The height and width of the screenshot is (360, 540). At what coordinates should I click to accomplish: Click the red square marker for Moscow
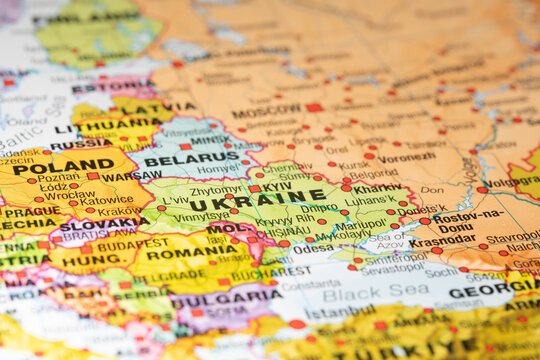click(x=314, y=107)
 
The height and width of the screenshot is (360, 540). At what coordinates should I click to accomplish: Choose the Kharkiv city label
click(x=377, y=188)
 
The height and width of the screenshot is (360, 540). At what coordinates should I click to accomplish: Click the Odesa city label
click(x=313, y=246)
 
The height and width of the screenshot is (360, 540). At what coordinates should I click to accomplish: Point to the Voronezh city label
click(x=406, y=157)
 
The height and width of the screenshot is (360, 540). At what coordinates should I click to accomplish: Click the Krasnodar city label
click(x=443, y=241)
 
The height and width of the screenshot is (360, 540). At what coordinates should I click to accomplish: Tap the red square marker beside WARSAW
click(x=93, y=176)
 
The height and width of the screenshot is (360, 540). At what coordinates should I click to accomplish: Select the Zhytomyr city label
click(x=216, y=189)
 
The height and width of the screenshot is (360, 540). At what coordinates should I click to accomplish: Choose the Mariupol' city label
click(x=362, y=225)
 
